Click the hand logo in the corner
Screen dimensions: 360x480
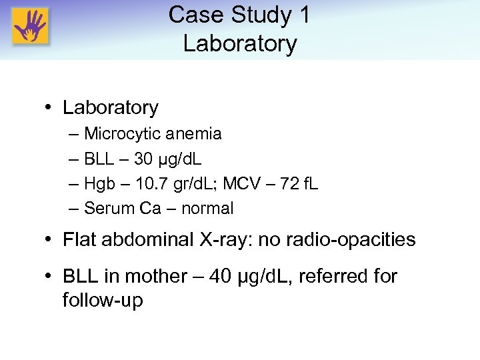pos(31,27)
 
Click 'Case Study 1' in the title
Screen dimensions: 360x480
pos(239,15)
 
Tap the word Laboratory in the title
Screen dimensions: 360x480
pos(239,43)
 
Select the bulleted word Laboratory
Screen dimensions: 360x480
pos(111,107)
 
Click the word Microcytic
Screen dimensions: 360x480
pos(122,133)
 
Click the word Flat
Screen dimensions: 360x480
pos(78,239)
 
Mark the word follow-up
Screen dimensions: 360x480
pos(103,300)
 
